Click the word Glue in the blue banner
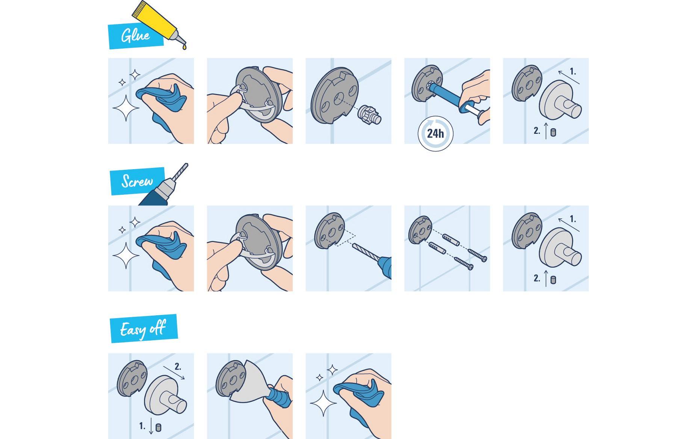click(x=135, y=36)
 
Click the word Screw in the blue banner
click(x=137, y=181)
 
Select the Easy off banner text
click(x=143, y=329)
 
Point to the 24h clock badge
click(x=435, y=133)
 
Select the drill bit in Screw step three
click(x=367, y=251)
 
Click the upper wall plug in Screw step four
click(x=451, y=240)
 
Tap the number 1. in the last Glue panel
click(x=573, y=71)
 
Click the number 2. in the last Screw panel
click(x=537, y=278)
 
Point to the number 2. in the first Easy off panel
click(x=178, y=366)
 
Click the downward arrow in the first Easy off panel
click(x=151, y=426)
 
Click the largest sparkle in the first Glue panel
click(x=125, y=108)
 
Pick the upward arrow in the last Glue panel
click(x=546, y=130)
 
